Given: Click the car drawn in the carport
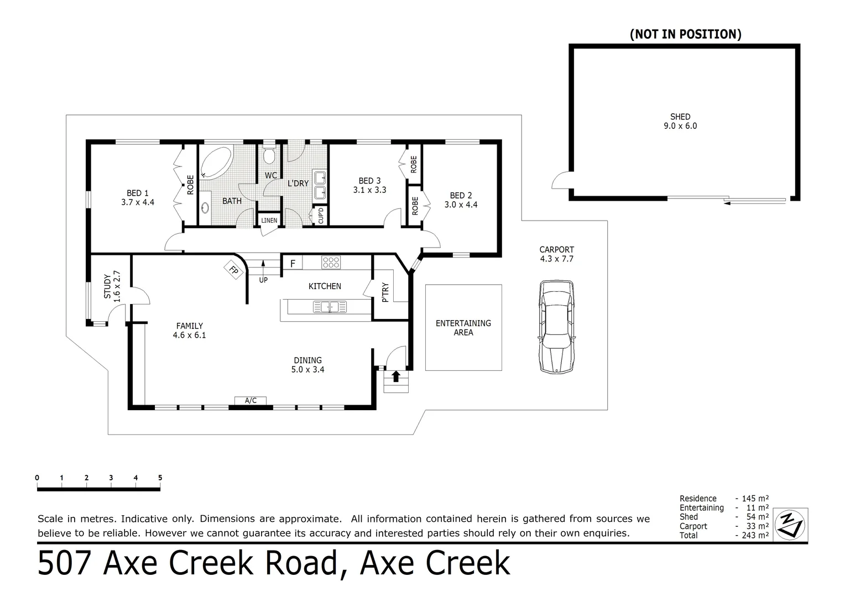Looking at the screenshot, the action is tap(556, 327).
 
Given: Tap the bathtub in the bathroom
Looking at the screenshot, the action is tap(216, 162).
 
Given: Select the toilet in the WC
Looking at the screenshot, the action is tap(269, 154).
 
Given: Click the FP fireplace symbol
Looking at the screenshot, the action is tap(233, 270).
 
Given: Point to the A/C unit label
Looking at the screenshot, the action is tap(251, 401).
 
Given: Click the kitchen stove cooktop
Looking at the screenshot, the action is tap(331, 262).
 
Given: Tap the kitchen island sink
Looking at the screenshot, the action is tap(330, 307).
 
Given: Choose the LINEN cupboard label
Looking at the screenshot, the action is tap(269, 220).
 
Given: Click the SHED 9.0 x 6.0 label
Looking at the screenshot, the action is tap(680, 122).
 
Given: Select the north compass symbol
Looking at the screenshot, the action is tap(790, 525).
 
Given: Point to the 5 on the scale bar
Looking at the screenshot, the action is tap(160, 478).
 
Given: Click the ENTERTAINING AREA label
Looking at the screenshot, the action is tap(463, 328).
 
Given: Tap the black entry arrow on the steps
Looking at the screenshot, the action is tap(396, 376).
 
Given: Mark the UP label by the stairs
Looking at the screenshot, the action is tap(263, 280).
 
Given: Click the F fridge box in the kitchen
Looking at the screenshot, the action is tap(293, 263).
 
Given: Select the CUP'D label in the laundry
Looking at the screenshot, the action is tap(321, 216).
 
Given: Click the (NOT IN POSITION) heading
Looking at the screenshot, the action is tap(686, 34).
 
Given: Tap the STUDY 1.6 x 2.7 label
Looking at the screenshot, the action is tap(112, 287).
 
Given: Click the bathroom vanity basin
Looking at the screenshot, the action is tap(205, 208).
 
